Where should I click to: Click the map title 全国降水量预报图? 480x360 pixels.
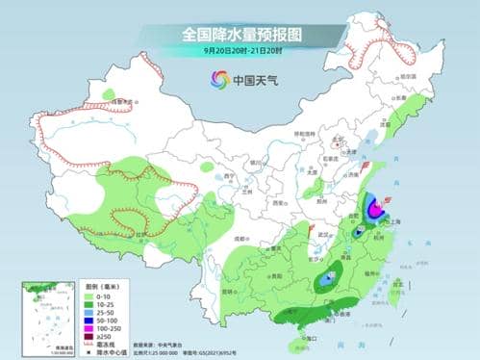pos(240,35)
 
